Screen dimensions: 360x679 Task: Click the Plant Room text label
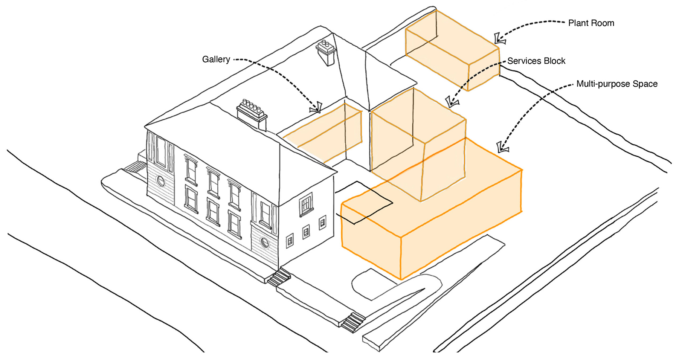coord(591,23)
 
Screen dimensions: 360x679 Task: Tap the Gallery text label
coord(216,59)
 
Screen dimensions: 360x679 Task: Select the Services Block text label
coord(536,61)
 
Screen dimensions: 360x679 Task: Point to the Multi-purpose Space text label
coord(616,84)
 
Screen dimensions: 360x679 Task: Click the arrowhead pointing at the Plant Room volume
coord(500,38)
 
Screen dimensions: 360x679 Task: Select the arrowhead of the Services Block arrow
coord(451,102)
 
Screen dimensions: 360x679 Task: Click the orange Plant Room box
coord(452,51)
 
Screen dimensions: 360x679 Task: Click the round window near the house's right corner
coord(265,243)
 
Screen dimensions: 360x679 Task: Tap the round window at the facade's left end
coord(161,182)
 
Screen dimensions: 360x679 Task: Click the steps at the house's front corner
coord(279,278)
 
